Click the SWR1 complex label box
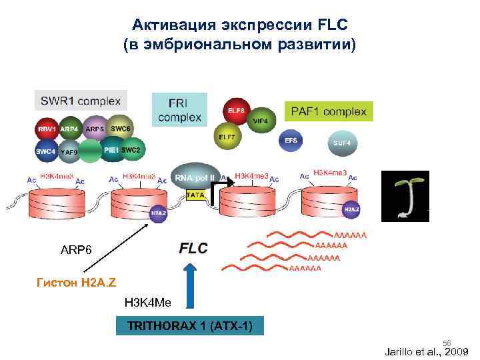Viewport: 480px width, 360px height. coord(81,102)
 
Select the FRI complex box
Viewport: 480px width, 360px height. coord(179,111)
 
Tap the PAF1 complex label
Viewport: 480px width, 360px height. coord(328,111)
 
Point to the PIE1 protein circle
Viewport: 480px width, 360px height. coord(111,151)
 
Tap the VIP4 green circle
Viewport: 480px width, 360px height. coord(261,121)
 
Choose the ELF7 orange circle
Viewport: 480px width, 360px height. coord(227,137)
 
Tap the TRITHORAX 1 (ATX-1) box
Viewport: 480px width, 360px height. coord(189,327)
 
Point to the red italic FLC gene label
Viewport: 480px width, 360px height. coord(193,248)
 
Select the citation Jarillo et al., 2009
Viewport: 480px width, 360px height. coord(427,351)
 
